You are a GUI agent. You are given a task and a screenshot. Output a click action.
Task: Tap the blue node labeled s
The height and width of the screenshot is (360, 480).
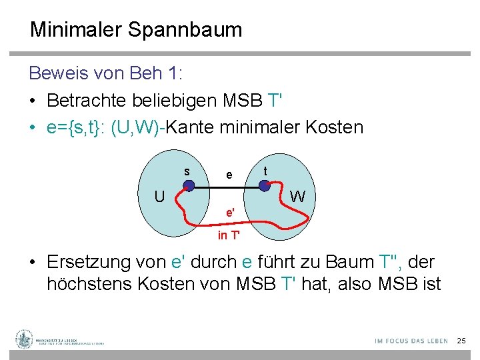189,187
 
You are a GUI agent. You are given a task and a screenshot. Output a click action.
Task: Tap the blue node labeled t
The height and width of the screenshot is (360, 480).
265,185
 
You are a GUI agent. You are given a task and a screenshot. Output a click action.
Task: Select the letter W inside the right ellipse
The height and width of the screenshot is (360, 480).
299,197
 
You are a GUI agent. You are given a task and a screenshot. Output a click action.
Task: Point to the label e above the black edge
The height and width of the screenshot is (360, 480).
229,175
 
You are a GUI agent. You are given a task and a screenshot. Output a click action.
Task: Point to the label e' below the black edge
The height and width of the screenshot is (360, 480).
230,213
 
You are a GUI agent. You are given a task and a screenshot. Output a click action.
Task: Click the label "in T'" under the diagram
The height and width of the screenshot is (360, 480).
230,235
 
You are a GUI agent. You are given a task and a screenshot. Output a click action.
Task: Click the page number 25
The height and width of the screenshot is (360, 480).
461,341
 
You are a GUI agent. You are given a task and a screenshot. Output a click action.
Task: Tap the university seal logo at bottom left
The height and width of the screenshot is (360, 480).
25,339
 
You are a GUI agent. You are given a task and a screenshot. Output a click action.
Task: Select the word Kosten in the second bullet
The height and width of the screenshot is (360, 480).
333,127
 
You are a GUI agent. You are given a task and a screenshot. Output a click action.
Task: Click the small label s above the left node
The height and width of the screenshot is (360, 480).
187,171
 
